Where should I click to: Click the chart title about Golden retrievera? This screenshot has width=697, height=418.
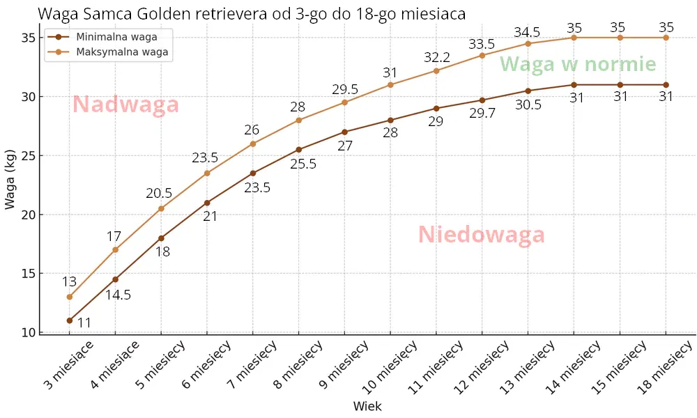(x=252, y=14)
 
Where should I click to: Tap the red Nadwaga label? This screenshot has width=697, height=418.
(x=126, y=104)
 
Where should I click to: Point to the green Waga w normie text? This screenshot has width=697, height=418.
(x=578, y=65)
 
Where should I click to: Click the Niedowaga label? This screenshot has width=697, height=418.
(x=481, y=235)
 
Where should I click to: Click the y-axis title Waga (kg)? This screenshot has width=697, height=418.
(x=11, y=179)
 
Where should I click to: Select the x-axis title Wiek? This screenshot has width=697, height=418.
(x=367, y=406)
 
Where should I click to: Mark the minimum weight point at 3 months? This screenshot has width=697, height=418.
(x=70, y=320)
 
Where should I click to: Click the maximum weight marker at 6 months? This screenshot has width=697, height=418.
(x=207, y=173)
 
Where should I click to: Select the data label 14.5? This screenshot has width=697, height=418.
(x=118, y=295)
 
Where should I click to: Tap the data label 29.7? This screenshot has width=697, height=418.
(x=482, y=114)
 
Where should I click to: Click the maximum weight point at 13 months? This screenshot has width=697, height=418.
(x=528, y=43)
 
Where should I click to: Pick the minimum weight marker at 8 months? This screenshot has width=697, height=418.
(x=299, y=149)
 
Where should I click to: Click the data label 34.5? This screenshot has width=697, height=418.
(x=528, y=31)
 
